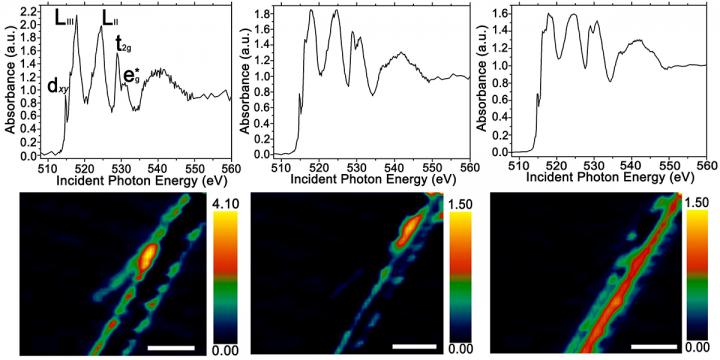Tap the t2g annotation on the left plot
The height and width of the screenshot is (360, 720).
coord(122,44)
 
